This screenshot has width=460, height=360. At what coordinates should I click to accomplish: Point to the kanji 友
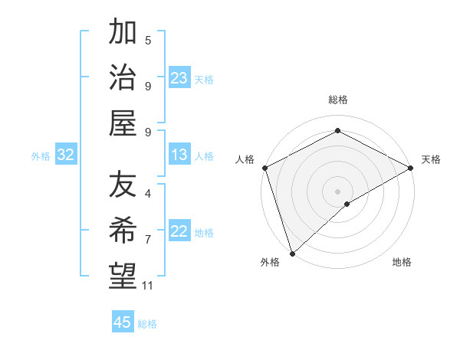click(123, 185)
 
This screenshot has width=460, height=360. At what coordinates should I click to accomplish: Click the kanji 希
click(123, 230)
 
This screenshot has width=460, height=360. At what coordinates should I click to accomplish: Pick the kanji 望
click(123, 275)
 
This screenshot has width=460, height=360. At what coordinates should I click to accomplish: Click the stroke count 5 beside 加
click(148, 40)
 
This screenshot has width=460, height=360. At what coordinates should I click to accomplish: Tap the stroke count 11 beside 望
click(148, 286)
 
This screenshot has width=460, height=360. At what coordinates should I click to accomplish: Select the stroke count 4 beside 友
click(148, 195)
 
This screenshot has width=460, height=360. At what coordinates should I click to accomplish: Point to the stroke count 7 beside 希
click(148, 240)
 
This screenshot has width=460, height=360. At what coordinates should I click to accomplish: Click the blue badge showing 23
click(179, 77)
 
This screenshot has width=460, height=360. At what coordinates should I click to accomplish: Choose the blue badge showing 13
click(179, 155)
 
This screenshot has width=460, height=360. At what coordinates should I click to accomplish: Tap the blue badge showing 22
click(179, 231)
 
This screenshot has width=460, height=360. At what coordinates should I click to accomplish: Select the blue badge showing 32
click(66, 155)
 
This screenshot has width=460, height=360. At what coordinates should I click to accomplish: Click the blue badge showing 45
click(123, 322)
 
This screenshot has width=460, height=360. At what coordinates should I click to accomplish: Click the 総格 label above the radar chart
click(337, 100)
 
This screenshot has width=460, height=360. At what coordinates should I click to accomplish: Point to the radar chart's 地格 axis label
click(402, 263)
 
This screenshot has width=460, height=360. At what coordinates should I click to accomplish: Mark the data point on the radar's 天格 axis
click(411, 169)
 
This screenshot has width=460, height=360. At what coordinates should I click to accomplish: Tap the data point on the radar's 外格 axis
click(291, 253)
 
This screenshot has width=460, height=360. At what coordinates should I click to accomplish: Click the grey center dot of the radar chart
click(337, 191)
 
